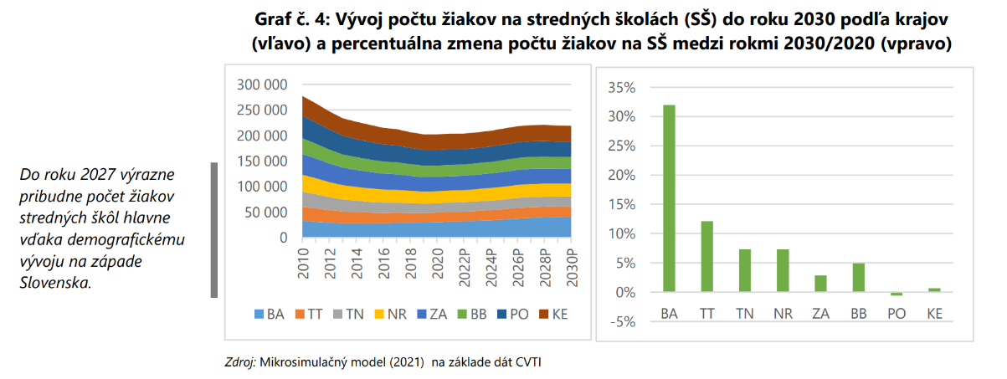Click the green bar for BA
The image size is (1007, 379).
(669, 198)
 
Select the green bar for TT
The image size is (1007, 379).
(706, 256)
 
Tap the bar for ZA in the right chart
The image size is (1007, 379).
(820, 284)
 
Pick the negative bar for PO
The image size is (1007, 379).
(897, 294)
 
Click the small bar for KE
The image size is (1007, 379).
(934, 290)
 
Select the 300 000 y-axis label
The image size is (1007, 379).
(263, 85)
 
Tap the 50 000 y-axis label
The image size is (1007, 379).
(266, 213)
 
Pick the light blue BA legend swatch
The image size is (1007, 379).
(259, 315)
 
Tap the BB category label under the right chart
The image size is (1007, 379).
(858, 315)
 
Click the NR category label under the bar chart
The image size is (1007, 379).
(783, 315)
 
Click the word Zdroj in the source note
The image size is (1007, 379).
(241, 362)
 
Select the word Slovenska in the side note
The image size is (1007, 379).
(54, 283)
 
